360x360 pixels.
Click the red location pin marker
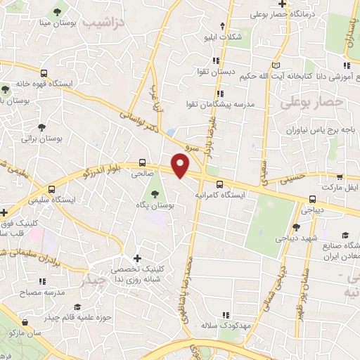point(181,165)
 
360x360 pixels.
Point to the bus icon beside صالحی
point(143,161)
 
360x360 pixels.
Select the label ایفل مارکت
point(340,188)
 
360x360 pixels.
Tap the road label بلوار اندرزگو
point(85,172)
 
